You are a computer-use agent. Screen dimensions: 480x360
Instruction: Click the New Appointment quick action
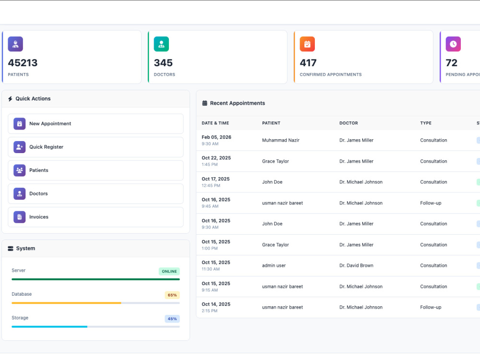(x=96, y=124)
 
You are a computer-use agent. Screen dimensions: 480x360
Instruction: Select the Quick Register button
(x=96, y=147)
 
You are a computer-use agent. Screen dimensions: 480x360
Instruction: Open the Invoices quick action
(x=96, y=217)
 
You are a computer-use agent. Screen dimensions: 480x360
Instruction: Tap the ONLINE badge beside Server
(x=169, y=271)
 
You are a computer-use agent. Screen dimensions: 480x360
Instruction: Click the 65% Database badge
(x=172, y=295)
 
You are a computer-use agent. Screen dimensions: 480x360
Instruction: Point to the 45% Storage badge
(x=172, y=319)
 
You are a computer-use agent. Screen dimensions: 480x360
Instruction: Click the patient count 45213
(x=23, y=63)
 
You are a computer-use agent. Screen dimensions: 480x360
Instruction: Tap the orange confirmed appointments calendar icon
(x=307, y=44)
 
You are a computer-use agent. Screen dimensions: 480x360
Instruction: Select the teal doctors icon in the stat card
(x=161, y=44)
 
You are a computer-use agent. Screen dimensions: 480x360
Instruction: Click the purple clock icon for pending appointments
(x=453, y=44)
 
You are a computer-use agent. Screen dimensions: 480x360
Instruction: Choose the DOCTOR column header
(x=348, y=123)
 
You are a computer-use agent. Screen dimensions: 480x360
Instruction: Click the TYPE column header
(x=425, y=123)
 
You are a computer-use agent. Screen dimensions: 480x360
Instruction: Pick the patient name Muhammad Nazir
(x=281, y=140)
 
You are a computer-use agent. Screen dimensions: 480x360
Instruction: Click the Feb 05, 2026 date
(x=216, y=137)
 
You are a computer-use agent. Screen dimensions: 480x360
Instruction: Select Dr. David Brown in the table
(x=356, y=265)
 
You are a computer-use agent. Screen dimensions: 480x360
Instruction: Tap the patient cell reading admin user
(x=274, y=265)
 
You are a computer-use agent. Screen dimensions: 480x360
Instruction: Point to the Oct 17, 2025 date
(x=216, y=179)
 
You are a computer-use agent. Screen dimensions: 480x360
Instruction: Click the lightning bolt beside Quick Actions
(x=10, y=99)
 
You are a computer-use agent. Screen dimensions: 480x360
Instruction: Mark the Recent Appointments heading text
(x=237, y=103)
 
